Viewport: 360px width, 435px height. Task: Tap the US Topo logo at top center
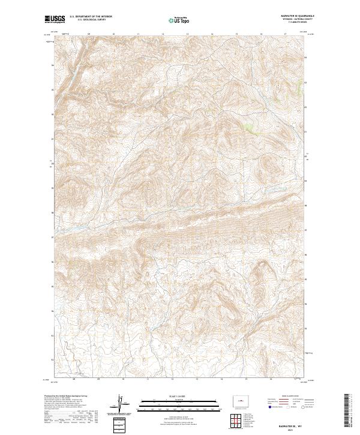[179, 20]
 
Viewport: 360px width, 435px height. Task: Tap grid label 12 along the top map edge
[163, 34]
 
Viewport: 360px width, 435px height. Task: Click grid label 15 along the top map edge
[238, 34]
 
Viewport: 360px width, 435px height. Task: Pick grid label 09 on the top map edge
[89, 34]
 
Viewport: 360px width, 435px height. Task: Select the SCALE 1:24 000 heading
[180, 395]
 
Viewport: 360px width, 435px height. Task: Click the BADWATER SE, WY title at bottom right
[294, 423]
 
